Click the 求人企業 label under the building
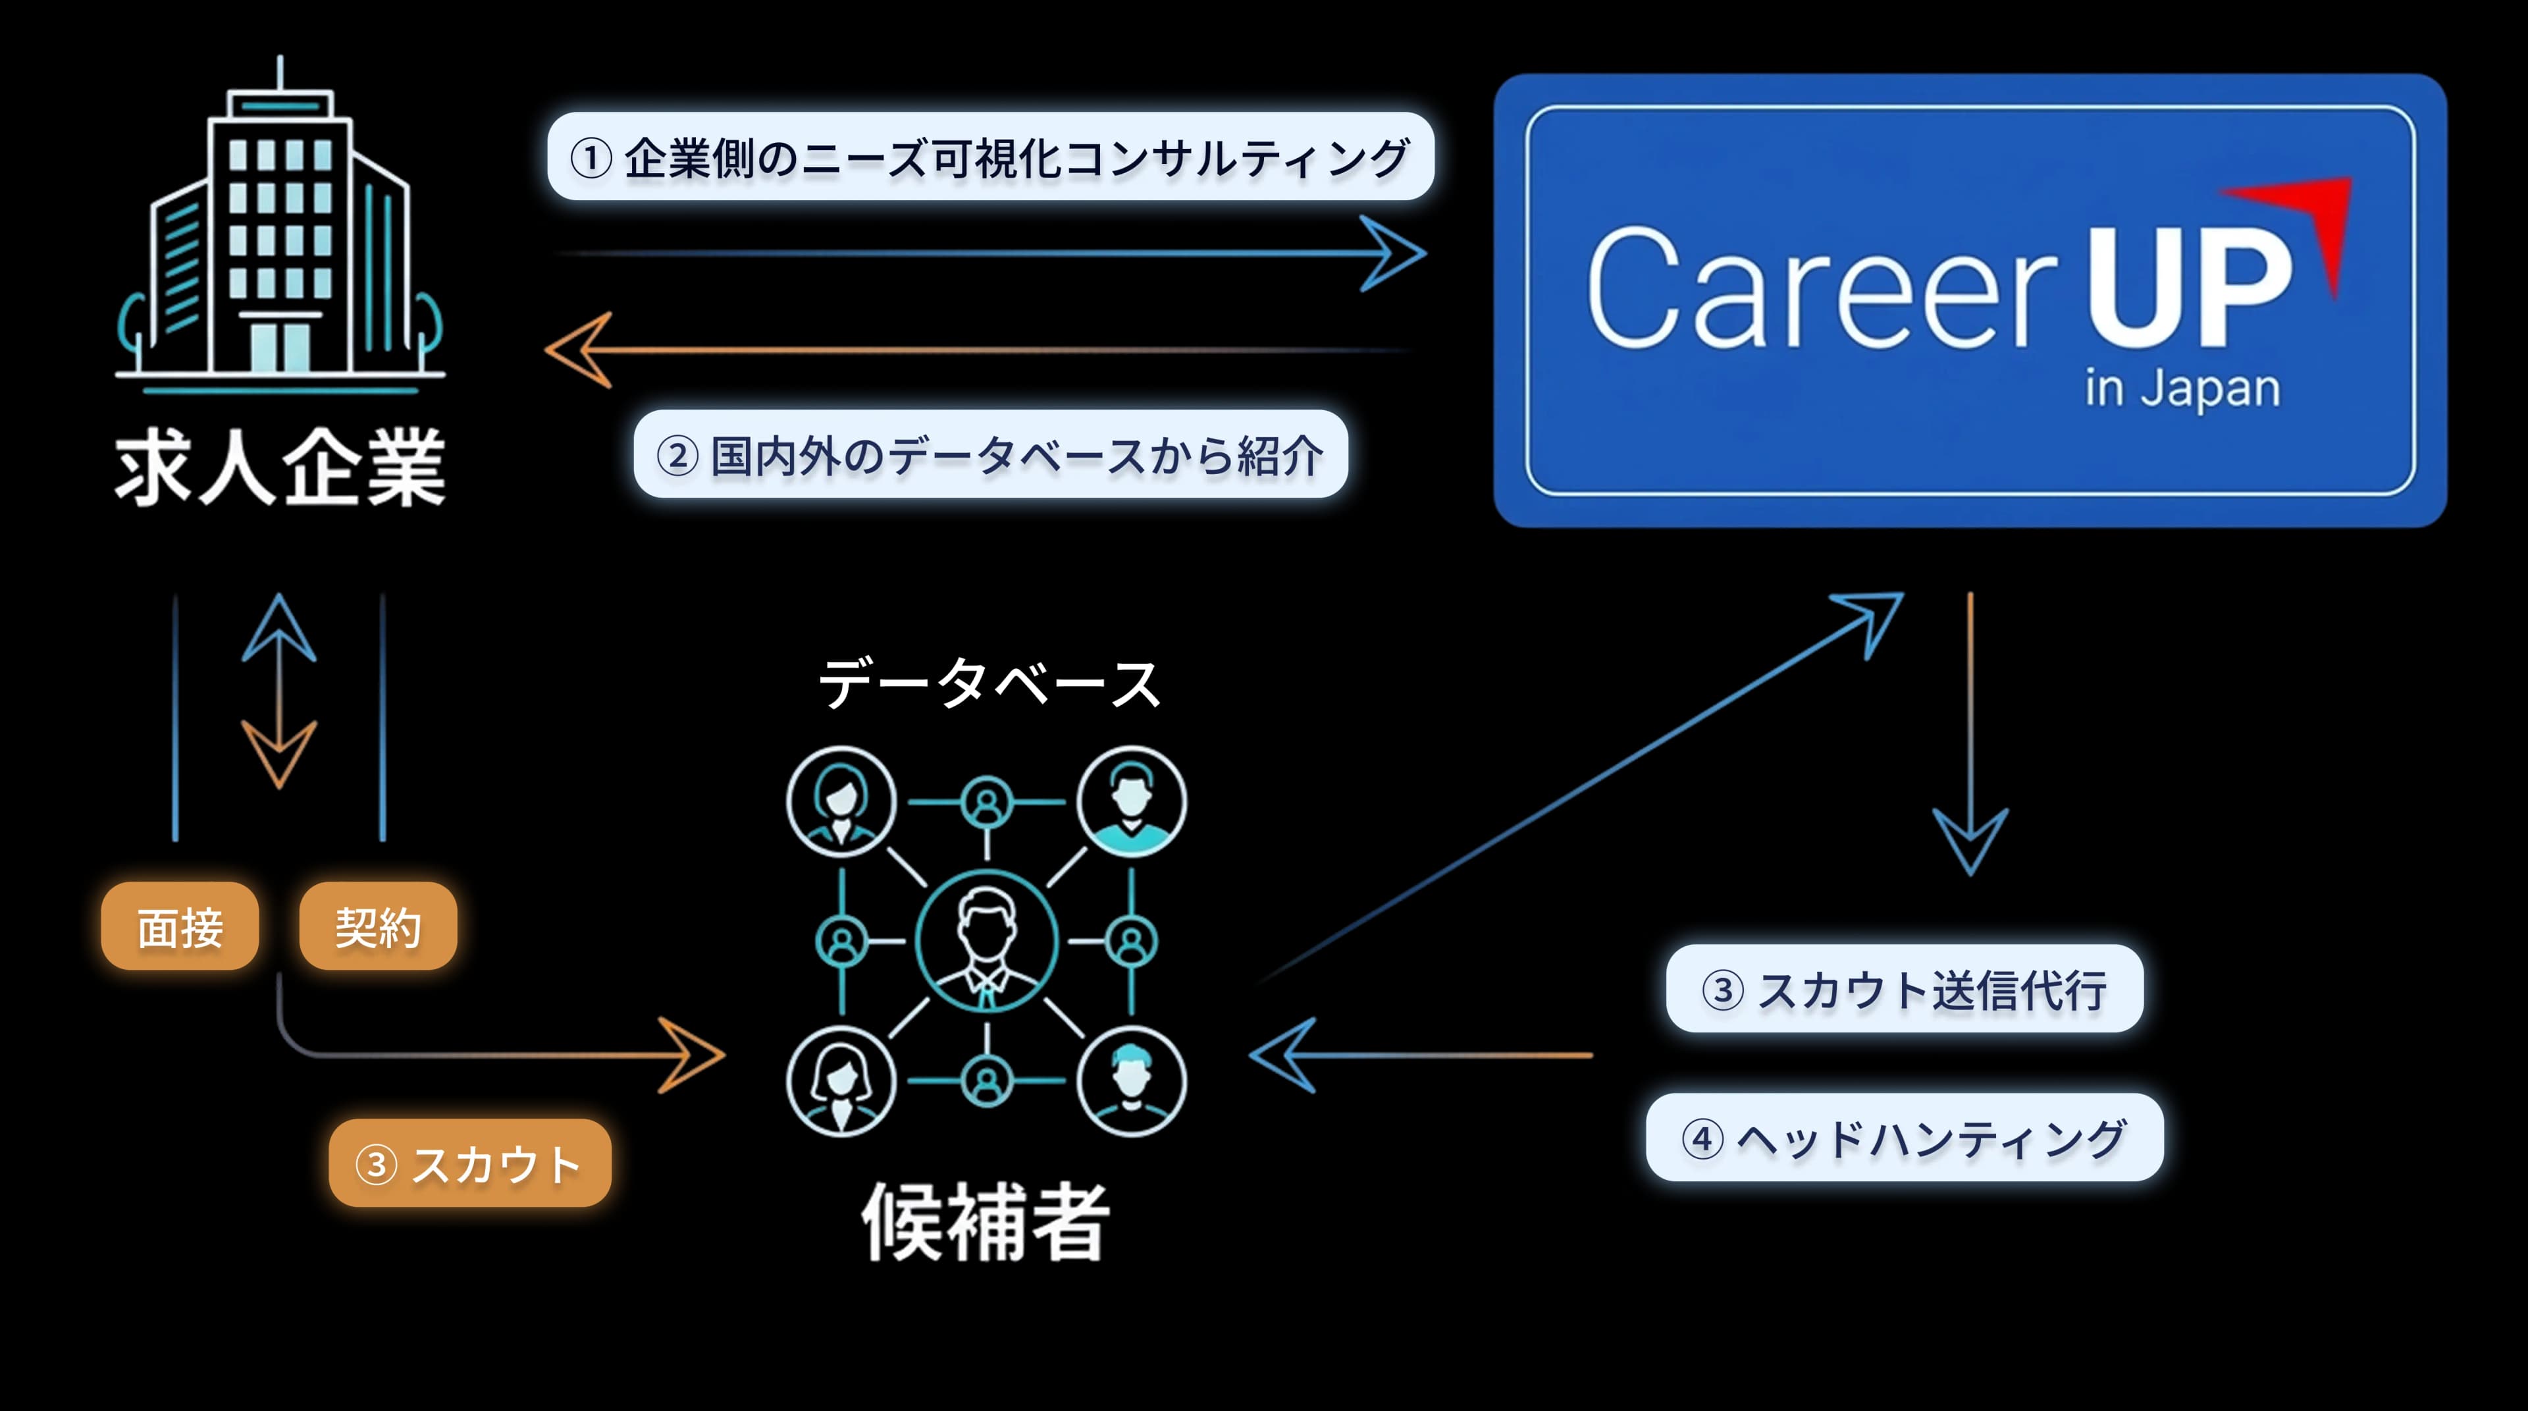[x=280, y=468]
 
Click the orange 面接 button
[x=180, y=926]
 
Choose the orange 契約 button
[x=378, y=926]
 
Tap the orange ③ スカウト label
[x=469, y=1163]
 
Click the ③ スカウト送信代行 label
[x=1904, y=989]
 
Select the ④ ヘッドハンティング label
[x=1904, y=1138]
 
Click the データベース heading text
[x=989, y=684]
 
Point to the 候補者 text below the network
[x=986, y=1221]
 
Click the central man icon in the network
[x=986, y=940]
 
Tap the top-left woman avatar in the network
[x=841, y=802]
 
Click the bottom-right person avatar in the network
[x=1132, y=1081]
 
